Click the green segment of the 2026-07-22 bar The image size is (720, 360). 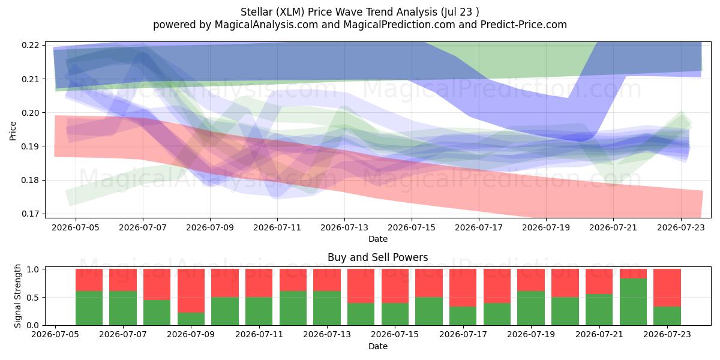tap(633, 302)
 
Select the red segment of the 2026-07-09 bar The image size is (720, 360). tap(191, 290)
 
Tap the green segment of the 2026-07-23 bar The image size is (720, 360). tap(667, 316)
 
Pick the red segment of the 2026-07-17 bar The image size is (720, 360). tap(463, 287)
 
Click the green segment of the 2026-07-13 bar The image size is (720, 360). tap(327, 308)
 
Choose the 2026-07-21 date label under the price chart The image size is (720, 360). tap(613, 227)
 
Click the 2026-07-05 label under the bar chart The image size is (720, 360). tap(55, 334)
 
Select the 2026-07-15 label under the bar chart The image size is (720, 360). tap(395, 334)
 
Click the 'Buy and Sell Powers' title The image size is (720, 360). tap(377, 257)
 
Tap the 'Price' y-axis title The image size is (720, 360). tap(13, 131)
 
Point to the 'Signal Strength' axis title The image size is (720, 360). tap(17, 296)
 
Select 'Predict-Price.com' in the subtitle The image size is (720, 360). tap(524, 25)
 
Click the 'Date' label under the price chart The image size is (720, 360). tap(378, 239)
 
